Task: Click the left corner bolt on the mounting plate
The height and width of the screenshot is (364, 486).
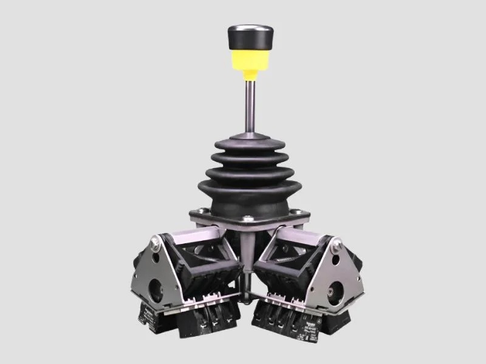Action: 196,212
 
